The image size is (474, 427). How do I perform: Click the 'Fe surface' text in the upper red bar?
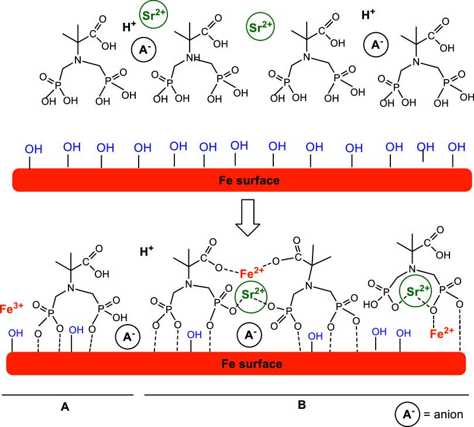point(249,180)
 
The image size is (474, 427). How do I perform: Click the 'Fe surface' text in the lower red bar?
point(252,364)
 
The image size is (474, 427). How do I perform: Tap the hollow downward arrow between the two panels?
point(248,218)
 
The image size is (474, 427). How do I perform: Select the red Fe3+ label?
point(12,308)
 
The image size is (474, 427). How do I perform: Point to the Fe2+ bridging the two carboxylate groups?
point(252,273)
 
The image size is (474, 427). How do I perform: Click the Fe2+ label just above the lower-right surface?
point(442,333)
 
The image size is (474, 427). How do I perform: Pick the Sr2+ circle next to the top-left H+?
point(153,15)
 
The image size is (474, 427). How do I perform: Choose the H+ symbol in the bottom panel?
point(147,251)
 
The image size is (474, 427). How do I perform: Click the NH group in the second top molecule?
point(194,57)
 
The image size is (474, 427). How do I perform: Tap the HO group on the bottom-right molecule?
point(370,304)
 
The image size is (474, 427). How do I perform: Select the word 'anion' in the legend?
point(448,414)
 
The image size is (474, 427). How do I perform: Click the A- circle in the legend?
point(407,414)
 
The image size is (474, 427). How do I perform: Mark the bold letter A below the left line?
point(65,407)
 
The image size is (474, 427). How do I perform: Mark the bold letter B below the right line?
point(301,405)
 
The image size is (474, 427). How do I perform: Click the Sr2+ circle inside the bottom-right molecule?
point(415,291)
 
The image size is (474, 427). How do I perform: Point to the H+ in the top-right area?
point(368,14)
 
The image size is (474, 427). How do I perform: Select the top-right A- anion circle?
point(376,44)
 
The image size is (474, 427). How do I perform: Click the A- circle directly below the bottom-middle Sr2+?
point(249,335)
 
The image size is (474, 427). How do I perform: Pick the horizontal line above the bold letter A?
point(67,395)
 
